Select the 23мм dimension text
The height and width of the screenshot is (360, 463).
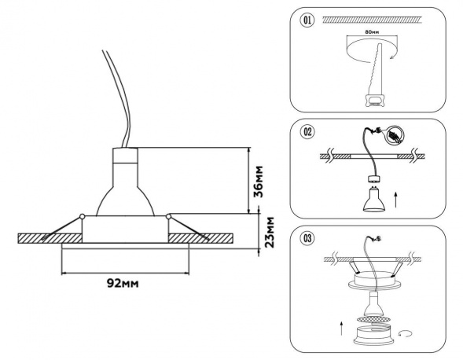point(268,233)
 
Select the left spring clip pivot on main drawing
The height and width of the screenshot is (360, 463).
point(83,216)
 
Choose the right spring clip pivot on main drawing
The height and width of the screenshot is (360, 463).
point(167,216)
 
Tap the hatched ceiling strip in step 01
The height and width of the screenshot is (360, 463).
point(369,19)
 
